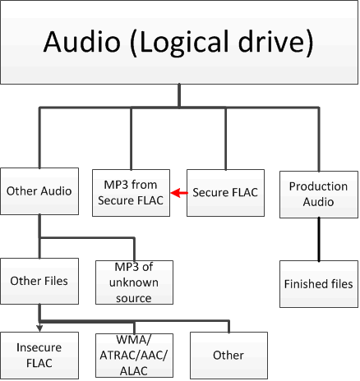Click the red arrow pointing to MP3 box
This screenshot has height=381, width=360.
pyautogui.click(x=179, y=193)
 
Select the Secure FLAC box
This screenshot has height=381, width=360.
pyautogui.click(x=225, y=193)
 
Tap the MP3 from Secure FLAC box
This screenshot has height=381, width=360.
pyautogui.click(x=131, y=193)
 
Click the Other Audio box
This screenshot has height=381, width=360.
pyautogui.click(x=39, y=191)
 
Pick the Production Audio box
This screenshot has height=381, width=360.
pyautogui.click(x=319, y=195)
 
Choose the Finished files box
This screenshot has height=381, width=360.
pyautogui.click(x=319, y=284)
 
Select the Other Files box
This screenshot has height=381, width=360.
pyautogui.click(x=39, y=281)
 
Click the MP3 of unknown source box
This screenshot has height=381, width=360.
pyautogui.click(x=134, y=282)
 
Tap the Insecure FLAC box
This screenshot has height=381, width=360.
pyautogui.click(x=39, y=356)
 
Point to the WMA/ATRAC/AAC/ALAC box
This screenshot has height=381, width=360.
pyautogui.click(x=134, y=356)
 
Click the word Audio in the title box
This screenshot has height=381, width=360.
pyautogui.click(x=82, y=42)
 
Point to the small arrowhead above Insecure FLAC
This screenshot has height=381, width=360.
pyautogui.click(x=39, y=328)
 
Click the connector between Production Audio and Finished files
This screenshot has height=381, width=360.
pyautogui.click(x=319, y=240)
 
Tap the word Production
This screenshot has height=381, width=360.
pyautogui.click(x=319, y=186)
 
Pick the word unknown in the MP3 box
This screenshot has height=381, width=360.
pyautogui.click(x=134, y=282)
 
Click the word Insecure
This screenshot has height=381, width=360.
pyautogui.click(x=39, y=347)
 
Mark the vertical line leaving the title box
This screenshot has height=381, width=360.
pyautogui.click(x=179, y=95)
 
